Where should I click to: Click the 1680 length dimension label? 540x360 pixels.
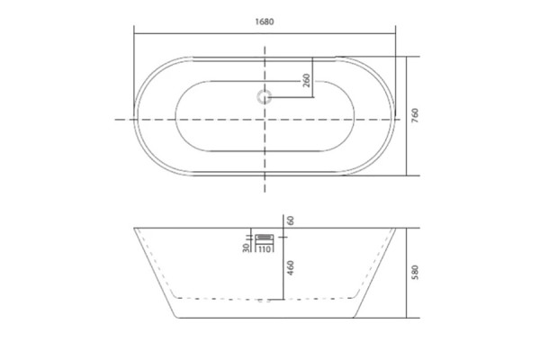[x=264, y=22]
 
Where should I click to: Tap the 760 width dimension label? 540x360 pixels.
[x=415, y=115]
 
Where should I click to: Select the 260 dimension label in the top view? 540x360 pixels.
[x=307, y=80]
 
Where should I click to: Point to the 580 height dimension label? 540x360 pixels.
[x=415, y=272]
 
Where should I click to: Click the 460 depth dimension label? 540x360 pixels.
[x=291, y=267]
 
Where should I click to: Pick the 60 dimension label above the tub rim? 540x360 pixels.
[x=291, y=220]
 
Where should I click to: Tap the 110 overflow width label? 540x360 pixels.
[x=264, y=248]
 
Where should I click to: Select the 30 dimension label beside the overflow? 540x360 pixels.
[x=246, y=247]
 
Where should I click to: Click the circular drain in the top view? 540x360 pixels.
[x=264, y=97]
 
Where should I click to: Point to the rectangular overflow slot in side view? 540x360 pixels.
[x=265, y=238]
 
